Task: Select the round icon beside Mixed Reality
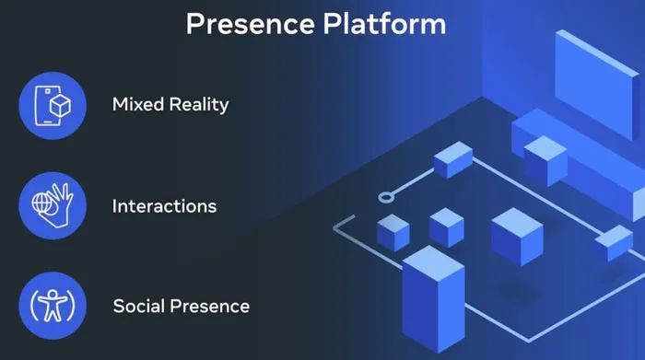point(53,104)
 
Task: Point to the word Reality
point(199,104)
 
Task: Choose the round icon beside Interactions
point(53,204)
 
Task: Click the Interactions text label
point(164,205)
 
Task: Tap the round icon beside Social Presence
point(53,305)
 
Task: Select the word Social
point(139,305)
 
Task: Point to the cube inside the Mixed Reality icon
point(60,106)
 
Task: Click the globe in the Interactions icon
point(42,202)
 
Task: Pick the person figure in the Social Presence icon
point(53,305)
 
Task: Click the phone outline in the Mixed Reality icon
point(44,103)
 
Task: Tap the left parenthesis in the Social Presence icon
point(35,305)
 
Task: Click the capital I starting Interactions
point(115,205)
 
